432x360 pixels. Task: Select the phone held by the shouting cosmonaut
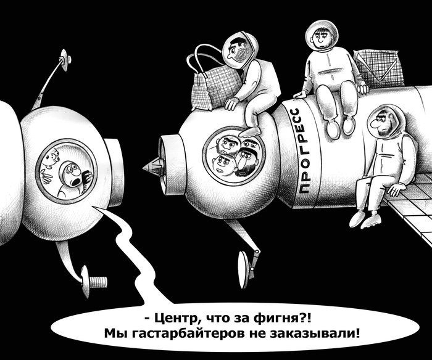[87, 177]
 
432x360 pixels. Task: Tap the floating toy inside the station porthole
[52, 160]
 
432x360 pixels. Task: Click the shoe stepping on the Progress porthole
[249, 131]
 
